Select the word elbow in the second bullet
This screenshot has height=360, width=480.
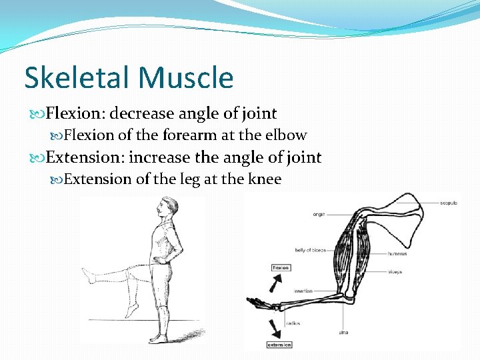(285, 135)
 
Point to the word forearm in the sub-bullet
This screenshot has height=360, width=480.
(188, 135)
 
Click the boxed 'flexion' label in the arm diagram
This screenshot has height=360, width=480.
(281, 267)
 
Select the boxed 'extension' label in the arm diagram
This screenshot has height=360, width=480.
(279, 345)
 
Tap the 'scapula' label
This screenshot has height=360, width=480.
(449, 203)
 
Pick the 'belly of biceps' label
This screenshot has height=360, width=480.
(310, 250)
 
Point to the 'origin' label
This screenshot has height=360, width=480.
(319, 214)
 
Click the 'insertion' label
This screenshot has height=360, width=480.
(303, 291)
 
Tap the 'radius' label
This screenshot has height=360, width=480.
(293, 323)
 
